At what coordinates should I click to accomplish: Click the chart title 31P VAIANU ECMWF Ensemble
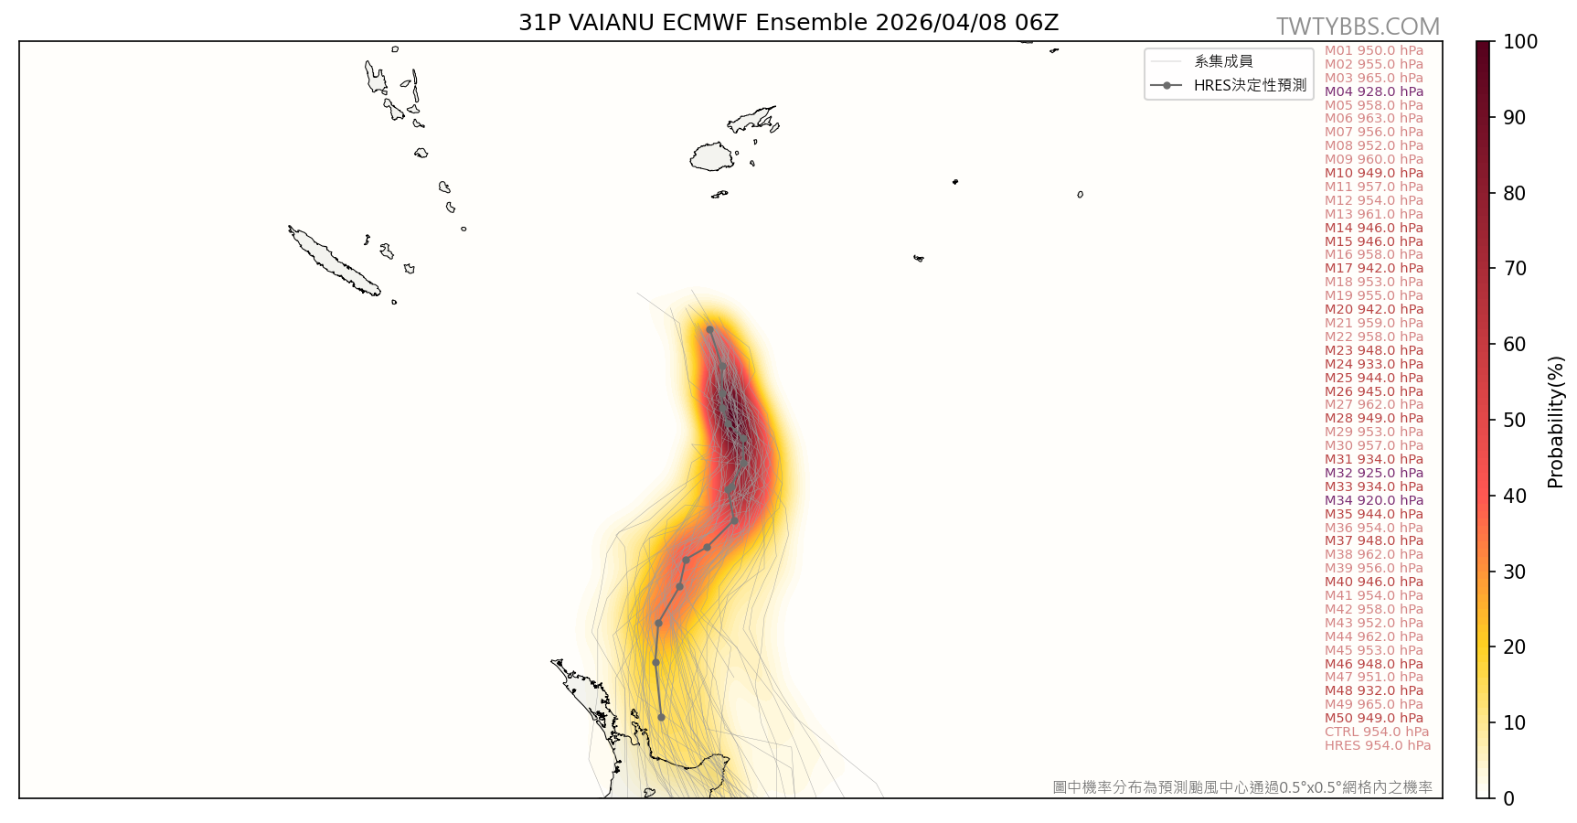click(x=788, y=23)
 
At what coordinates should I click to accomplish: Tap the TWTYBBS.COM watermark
click(x=1358, y=27)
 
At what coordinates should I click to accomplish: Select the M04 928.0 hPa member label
click(x=1374, y=91)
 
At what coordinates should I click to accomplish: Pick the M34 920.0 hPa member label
click(x=1374, y=500)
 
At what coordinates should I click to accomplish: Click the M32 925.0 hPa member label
click(x=1374, y=473)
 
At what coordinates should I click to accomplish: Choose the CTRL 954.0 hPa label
click(x=1377, y=732)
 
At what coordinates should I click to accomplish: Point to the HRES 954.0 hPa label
click(x=1378, y=745)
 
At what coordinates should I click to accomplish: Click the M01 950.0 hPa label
click(x=1374, y=50)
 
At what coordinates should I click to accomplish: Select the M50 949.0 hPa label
click(x=1374, y=718)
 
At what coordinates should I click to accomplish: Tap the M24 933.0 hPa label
click(x=1374, y=364)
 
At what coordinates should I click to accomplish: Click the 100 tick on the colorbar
click(x=1520, y=42)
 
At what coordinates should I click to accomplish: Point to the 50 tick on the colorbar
click(x=1514, y=421)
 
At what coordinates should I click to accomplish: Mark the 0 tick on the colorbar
click(x=1508, y=798)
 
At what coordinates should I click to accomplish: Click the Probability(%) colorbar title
click(x=1556, y=422)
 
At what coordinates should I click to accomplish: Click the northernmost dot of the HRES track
click(x=709, y=329)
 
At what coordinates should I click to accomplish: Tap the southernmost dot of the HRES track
click(x=661, y=717)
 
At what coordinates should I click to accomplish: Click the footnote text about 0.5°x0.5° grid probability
click(x=1242, y=787)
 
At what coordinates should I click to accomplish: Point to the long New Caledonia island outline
click(x=334, y=262)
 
